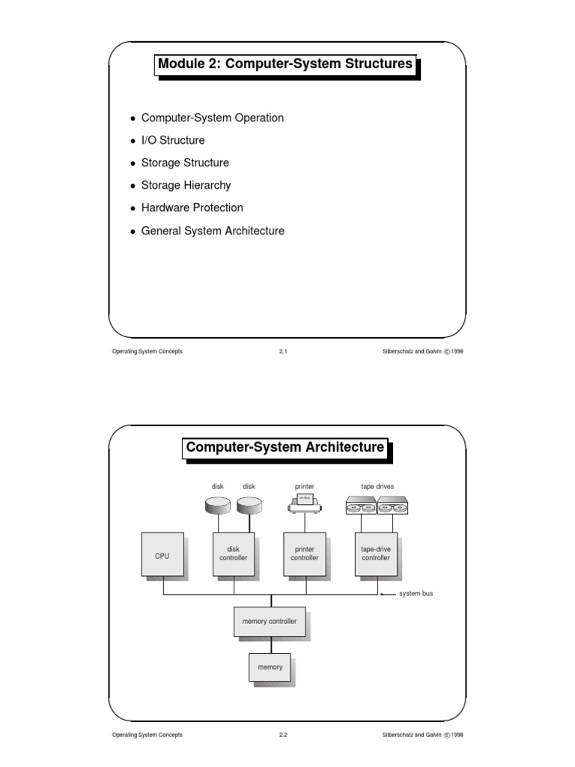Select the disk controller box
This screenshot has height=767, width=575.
coord(233,554)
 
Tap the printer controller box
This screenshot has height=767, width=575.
coord(304,554)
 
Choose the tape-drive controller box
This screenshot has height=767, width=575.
coord(375,554)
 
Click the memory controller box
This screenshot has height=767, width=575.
coord(269,622)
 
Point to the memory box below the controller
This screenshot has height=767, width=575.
coord(270,667)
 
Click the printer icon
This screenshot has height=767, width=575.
coord(304,504)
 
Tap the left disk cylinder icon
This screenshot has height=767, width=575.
coord(218,506)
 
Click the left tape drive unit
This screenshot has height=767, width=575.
coord(361,506)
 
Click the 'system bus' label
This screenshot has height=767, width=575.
coord(416,594)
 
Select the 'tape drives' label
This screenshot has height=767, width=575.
coord(377,486)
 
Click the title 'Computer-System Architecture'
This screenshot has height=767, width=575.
coord(285,448)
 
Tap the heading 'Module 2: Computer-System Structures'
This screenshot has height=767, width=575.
coord(285,64)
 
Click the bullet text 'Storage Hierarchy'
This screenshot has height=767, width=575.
coord(186,185)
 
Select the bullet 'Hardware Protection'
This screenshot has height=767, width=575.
coord(192,207)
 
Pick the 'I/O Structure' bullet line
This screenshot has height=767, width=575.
coord(172,140)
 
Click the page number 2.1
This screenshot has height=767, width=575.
coord(283,351)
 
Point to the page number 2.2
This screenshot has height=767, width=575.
coord(283,735)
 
